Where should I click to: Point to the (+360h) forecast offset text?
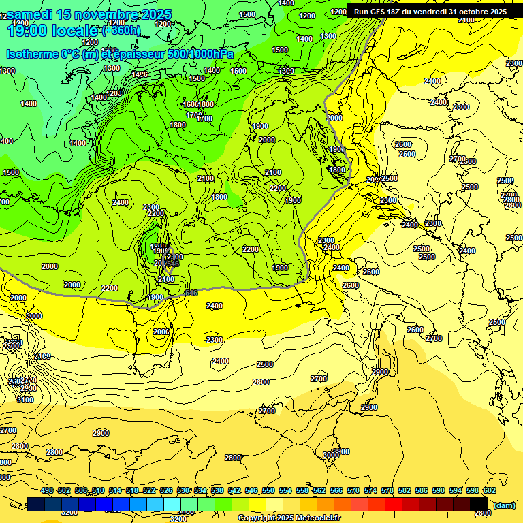tap(122, 30)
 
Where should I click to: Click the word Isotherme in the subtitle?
tap(34, 54)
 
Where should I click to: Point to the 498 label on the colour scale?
tap(47, 490)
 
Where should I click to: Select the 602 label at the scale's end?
tap(490, 490)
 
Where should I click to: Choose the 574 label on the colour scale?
tap(370, 490)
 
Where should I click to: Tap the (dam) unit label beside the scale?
tap(504, 505)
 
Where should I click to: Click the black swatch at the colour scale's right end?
tap(479, 504)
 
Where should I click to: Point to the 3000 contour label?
tap(331, 455)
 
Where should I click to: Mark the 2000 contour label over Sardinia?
tap(161, 332)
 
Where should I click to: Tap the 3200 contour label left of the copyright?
tap(178, 519)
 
